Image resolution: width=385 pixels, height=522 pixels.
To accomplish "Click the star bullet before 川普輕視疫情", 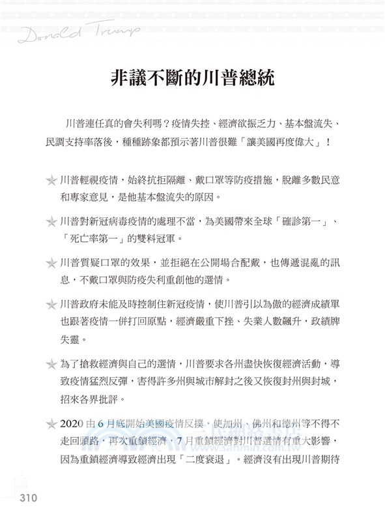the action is coord(50,179).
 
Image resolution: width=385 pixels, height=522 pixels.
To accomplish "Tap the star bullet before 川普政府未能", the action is coord(50,305).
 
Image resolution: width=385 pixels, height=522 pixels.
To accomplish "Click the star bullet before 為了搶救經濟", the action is coord(50,363).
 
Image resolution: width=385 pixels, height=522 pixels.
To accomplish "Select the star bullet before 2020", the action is coord(50,422).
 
